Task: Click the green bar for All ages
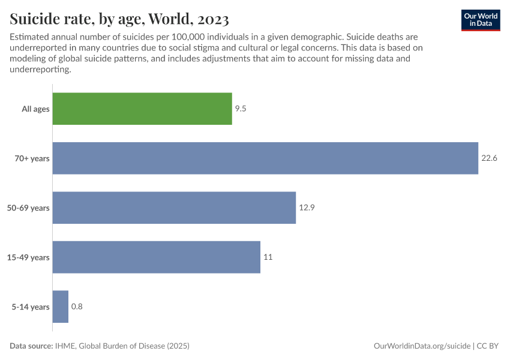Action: tap(142, 109)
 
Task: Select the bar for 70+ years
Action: tap(265, 158)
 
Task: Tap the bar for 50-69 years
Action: tap(174, 208)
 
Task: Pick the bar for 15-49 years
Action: tap(157, 257)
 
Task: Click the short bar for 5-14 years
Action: tap(61, 307)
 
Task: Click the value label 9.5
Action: tap(241, 109)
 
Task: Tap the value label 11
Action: tap(268, 257)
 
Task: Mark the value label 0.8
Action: tap(77, 307)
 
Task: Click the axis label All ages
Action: tap(35, 109)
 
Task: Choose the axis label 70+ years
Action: tap(32, 158)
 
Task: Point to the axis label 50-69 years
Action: tap(29, 208)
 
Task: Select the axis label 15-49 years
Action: tap(29, 257)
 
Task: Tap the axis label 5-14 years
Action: tap(31, 307)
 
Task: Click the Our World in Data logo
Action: tap(480, 20)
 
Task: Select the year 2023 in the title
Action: tap(210, 19)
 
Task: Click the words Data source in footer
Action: tap(31, 346)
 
